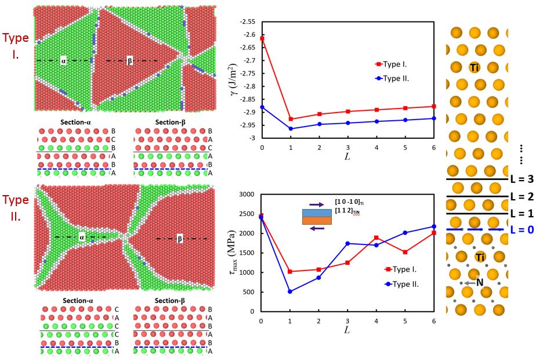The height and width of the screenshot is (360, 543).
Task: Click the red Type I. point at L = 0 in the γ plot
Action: [262, 38]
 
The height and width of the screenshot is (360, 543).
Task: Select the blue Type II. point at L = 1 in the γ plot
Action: [291, 129]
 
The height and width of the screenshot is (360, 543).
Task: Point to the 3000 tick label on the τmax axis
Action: [248, 195]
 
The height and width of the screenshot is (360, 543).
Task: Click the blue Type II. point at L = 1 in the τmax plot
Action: [290, 291]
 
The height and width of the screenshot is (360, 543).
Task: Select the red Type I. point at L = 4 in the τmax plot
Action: [377, 237]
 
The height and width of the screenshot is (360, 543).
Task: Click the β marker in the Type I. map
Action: [129, 60]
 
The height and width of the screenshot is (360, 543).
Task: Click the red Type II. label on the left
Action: [16, 208]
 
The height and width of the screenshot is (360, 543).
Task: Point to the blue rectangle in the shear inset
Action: [316, 213]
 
